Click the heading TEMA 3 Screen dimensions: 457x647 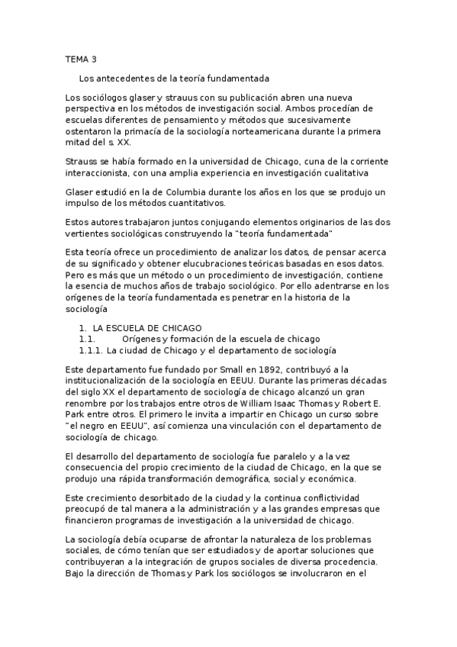coord(81,59)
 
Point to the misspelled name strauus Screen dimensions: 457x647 coord(176,98)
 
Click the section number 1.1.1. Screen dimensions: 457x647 coord(91,350)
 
